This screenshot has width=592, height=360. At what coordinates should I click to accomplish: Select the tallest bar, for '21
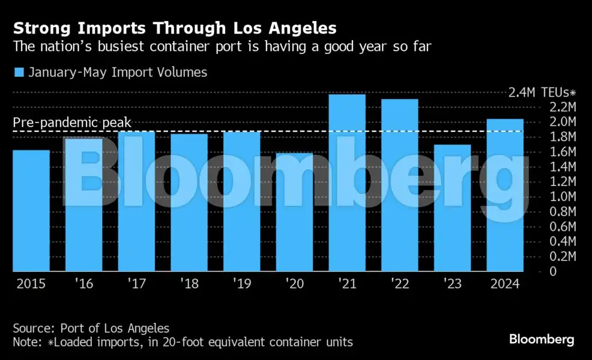click(x=347, y=183)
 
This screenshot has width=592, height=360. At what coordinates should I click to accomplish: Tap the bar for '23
click(x=453, y=208)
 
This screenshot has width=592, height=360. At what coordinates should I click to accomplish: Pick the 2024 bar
click(x=505, y=195)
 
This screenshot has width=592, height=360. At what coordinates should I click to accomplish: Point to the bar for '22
click(x=400, y=185)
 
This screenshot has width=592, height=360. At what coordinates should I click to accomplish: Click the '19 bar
click(x=242, y=201)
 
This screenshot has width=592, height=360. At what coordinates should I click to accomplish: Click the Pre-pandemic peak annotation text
click(x=72, y=123)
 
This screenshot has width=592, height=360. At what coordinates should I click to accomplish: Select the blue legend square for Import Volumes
click(x=19, y=73)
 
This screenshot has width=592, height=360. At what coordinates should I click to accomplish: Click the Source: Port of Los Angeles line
click(x=91, y=328)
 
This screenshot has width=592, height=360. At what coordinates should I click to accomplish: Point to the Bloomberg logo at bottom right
click(x=542, y=340)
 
